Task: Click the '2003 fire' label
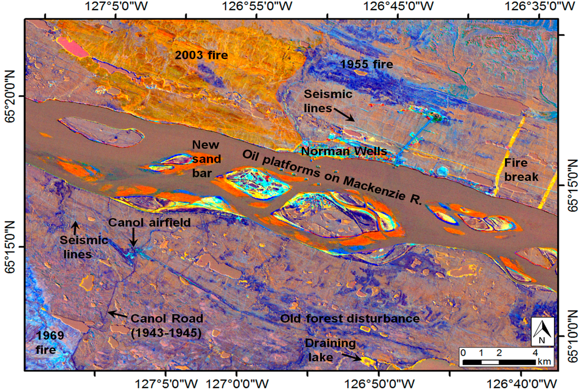click(x=201, y=56)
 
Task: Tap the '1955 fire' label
click(x=366, y=65)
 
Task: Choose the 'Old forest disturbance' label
click(x=349, y=318)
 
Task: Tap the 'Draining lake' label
click(x=330, y=349)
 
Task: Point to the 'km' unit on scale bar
click(x=544, y=362)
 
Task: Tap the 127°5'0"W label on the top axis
click(x=115, y=7)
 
